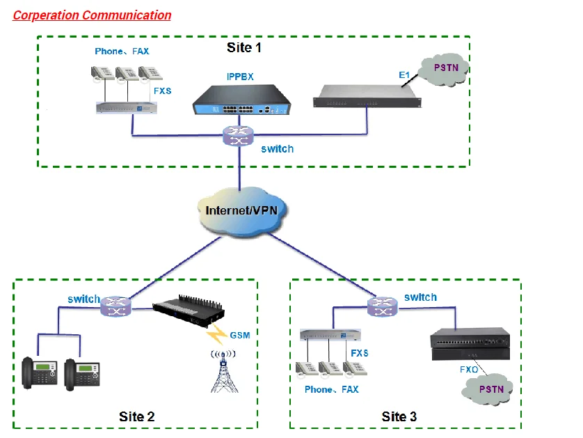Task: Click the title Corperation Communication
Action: pos(93,15)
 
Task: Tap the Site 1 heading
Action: pos(243,48)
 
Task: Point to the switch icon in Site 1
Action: pos(239,135)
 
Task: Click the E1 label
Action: pos(405,74)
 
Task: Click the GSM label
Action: pos(239,336)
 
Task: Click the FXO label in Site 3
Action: pos(468,369)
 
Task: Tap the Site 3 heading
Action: pos(399,416)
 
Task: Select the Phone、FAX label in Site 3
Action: pos(332,389)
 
